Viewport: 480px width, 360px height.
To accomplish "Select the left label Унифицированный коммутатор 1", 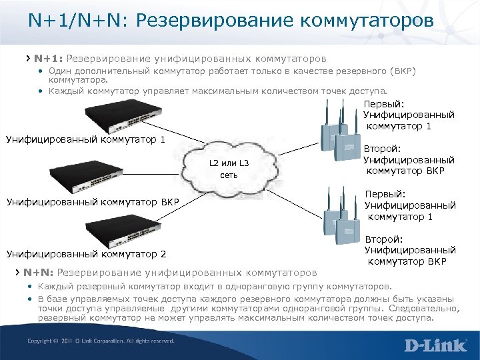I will click(85, 139).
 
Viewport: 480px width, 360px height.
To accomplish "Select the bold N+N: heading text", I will click(39, 272).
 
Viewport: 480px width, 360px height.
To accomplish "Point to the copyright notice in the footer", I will click(100, 341).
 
